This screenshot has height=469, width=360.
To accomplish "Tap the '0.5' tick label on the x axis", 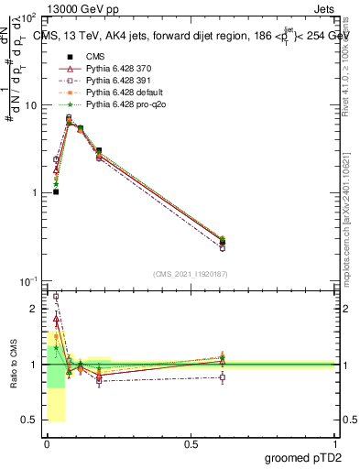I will pyautogui.click(x=191, y=443).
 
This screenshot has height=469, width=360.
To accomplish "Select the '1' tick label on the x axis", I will pyautogui.click(x=335, y=443).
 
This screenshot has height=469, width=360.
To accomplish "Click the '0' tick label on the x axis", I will pyautogui.click(x=47, y=443).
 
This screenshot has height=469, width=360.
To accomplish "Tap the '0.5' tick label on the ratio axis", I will pyautogui.click(x=31, y=420).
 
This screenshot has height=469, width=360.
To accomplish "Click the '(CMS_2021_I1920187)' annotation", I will pyautogui.click(x=190, y=272).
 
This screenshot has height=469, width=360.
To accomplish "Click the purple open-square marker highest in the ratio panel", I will pyautogui.click(x=56, y=297).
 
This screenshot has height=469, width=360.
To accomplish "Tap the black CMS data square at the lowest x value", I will pyautogui.click(x=56, y=191).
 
